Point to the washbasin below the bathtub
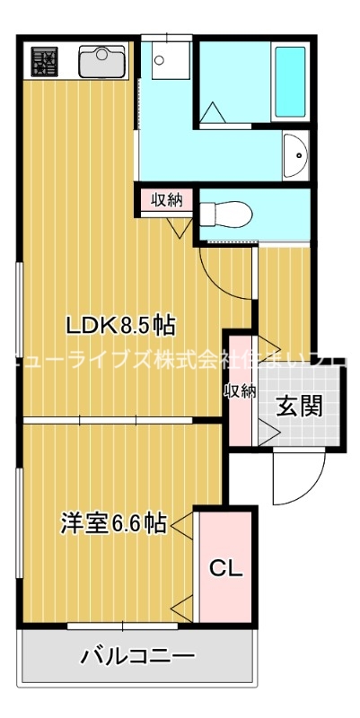(x=294, y=156)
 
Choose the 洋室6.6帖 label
(x=114, y=522)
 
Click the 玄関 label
(x=299, y=407)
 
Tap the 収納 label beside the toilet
(x=166, y=199)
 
